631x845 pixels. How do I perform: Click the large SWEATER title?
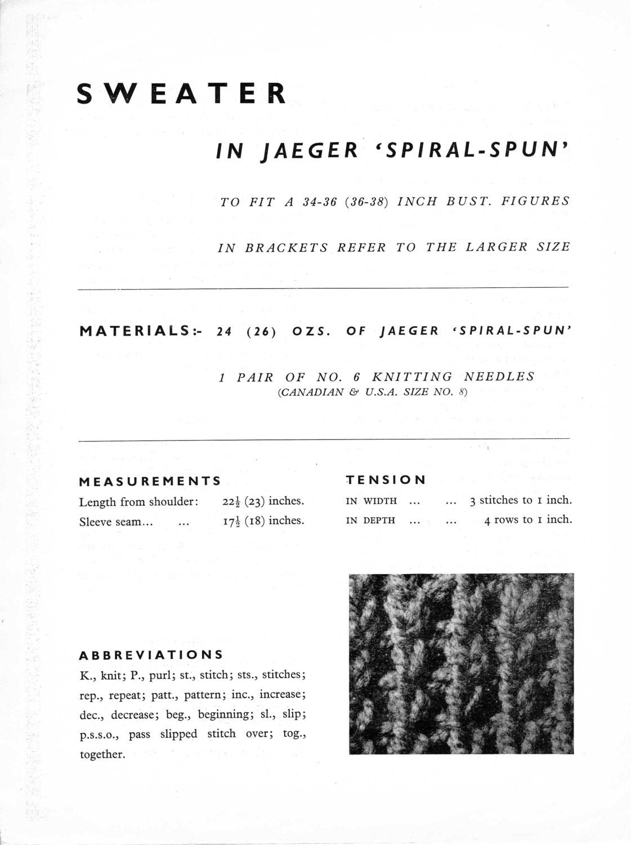click(181, 94)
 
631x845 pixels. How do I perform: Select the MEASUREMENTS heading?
click(150, 482)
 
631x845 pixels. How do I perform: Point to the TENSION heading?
click(386, 480)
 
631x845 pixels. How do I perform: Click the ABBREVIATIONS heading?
click(151, 655)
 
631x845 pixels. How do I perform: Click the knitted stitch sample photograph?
click(461, 663)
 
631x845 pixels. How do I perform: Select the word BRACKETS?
click(286, 247)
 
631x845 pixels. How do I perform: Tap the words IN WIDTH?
click(371, 501)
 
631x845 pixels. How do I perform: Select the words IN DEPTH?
click(370, 521)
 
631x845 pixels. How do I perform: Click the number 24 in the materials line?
click(224, 331)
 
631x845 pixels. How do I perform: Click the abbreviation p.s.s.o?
click(99, 735)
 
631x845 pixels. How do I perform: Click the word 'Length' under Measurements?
click(97, 502)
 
